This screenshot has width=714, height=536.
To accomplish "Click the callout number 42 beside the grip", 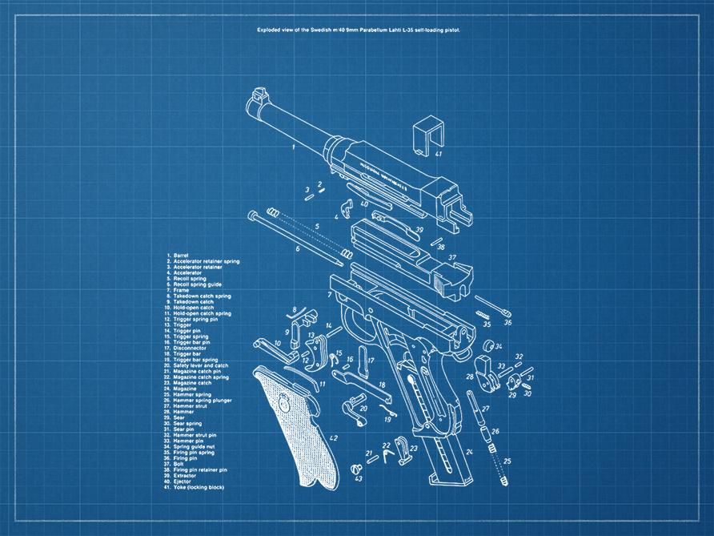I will tap(333, 437).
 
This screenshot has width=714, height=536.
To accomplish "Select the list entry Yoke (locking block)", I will tap(199, 487).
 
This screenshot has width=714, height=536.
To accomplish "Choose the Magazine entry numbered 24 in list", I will tap(187, 389).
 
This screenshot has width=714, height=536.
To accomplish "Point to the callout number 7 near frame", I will tap(330, 295).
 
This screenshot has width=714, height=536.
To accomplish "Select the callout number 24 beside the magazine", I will tap(470, 453).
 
